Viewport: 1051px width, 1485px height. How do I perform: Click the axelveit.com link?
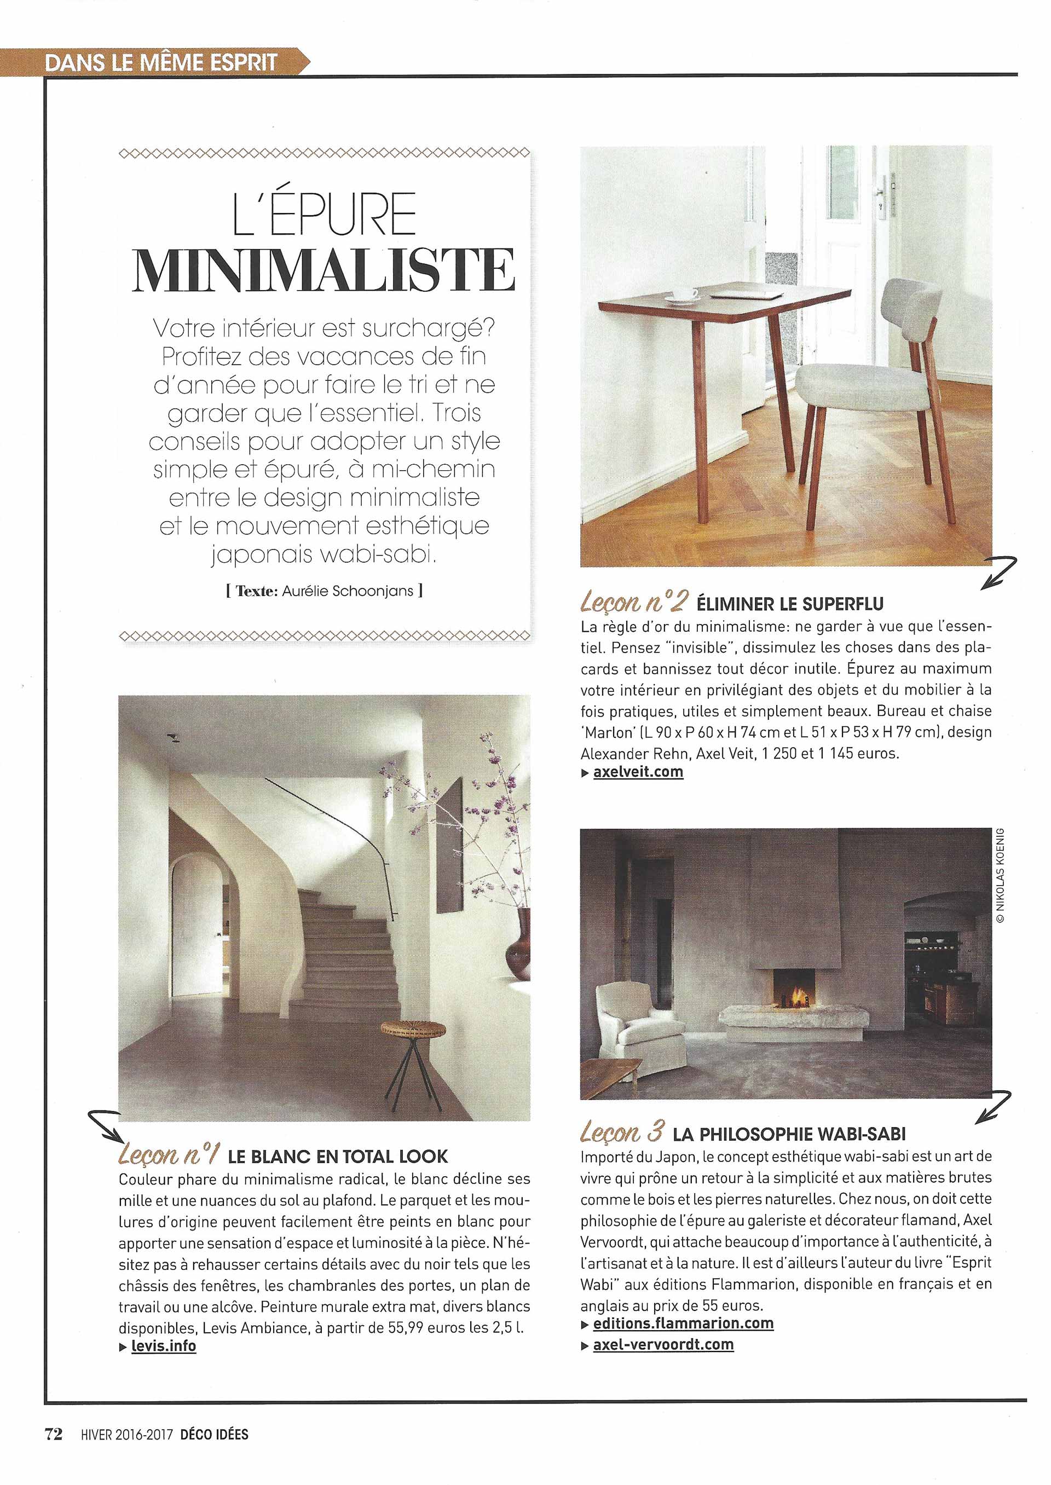click(x=638, y=771)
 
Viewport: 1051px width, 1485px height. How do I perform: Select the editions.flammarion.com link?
click(x=683, y=1305)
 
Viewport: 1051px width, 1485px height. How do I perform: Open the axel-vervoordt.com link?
click(x=663, y=1326)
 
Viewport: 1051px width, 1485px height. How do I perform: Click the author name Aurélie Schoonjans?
click(x=348, y=590)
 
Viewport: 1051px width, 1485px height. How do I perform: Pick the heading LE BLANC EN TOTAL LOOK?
click(x=337, y=1156)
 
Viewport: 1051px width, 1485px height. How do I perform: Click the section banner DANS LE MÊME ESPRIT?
click(x=162, y=63)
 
